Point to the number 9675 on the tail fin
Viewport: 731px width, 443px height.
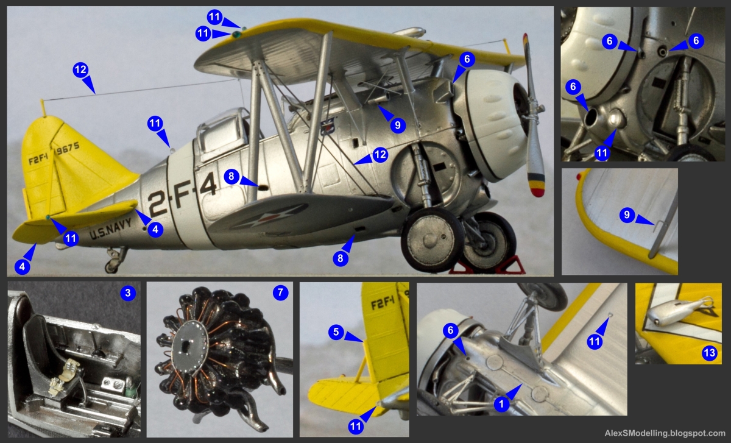pos(68,148)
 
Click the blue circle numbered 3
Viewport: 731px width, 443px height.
pos(127,293)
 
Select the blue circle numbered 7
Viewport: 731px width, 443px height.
pos(280,293)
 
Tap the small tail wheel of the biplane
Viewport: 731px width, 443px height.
pos(111,266)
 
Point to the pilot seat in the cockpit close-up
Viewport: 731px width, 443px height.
pos(43,341)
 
